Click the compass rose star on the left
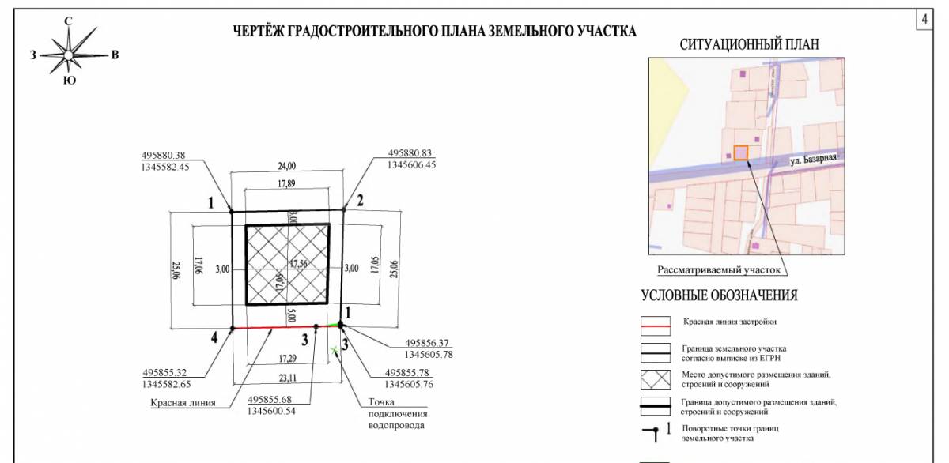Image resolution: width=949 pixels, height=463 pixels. [x=69, y=55]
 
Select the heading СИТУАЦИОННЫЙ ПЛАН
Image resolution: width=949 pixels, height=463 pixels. [x=749, y=45]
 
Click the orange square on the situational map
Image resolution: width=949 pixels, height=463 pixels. [x=741, y=153]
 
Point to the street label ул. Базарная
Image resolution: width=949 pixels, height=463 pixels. [x=813, y=159]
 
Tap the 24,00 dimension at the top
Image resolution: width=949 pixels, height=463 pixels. [x=285, y=166]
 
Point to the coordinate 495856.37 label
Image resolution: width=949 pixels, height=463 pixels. [x=427, y=343]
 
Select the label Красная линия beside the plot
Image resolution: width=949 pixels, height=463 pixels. [x=183, y=402]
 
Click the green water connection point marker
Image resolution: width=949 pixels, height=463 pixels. [x=335, y=350]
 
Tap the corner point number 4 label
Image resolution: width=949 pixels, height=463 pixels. [x=214, y=338]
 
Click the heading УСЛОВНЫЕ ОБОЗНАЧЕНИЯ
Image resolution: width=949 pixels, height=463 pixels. [x=719, y=296]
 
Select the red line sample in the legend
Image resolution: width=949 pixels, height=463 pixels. [x=655, y=324]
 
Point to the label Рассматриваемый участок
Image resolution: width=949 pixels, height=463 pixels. [x=719, y=270]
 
